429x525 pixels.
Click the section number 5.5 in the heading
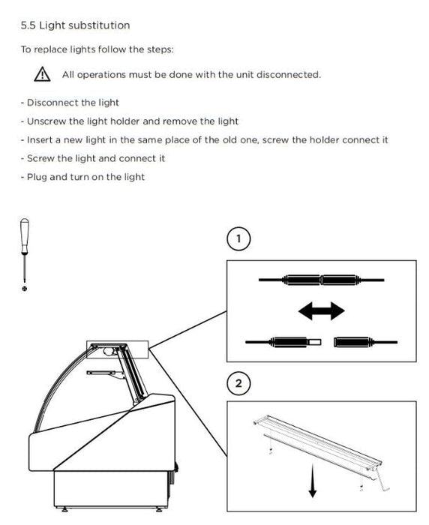tap(28, 25)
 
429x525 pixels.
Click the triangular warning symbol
tap(42, 74)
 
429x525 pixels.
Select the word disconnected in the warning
tap(288, 74)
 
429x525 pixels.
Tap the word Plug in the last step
tap(37, 177)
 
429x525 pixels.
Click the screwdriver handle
tap(25, 235)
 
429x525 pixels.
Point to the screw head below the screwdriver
tap(25, 288)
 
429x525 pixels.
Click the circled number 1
tap(238, 238)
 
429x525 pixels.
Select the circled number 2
tap(238, 383)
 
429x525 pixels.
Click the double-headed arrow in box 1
tap(322, 311)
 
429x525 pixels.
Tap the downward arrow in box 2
tap(313, 481)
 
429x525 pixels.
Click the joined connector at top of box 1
tap(322, 280)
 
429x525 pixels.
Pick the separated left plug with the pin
tap(283, 342)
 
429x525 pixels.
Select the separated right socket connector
tap(366, 342)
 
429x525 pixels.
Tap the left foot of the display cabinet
tap(64, 509)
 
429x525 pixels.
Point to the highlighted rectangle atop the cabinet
tap(118, 349)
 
